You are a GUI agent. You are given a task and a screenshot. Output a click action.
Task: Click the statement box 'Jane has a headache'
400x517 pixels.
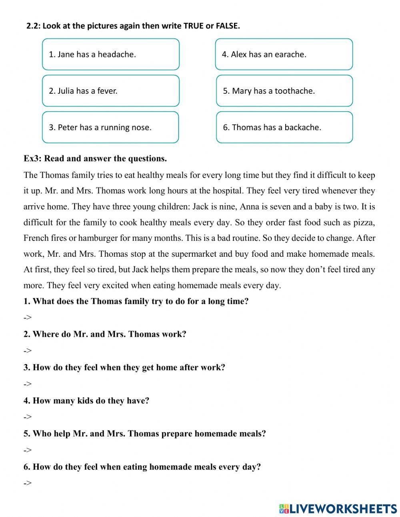[x=110, y=54]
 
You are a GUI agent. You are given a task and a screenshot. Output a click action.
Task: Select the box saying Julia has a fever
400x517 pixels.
[x=110, y=91]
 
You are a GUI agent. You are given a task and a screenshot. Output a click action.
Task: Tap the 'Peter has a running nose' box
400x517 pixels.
[x=110, y=127]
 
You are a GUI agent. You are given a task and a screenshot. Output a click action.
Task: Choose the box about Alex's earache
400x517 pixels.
[x=284, y=54]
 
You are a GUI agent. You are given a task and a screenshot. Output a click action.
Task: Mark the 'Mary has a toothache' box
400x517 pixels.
[x=284, y=91]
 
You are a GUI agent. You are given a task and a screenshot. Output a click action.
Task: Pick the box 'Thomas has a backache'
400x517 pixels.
[x=284, y=127]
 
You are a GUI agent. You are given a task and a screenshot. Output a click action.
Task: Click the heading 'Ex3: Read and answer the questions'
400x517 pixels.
[x=95, y=159]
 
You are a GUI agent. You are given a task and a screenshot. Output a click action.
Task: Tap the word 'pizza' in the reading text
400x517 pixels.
[x=364, y=222]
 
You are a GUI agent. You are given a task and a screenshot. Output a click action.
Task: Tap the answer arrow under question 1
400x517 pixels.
[x=27, y=318]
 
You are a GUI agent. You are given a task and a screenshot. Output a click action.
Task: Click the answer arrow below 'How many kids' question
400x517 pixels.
[x=27, y=417]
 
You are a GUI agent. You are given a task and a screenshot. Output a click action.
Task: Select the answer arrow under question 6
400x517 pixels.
[x=27, y=483]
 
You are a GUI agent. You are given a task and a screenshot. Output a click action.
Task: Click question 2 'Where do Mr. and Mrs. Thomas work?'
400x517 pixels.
[x=105, y=334]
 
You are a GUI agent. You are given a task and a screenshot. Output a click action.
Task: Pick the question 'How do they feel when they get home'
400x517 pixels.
[x=124, y=367]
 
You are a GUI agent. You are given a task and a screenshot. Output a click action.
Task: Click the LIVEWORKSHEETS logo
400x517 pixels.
[x=338, y=509]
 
